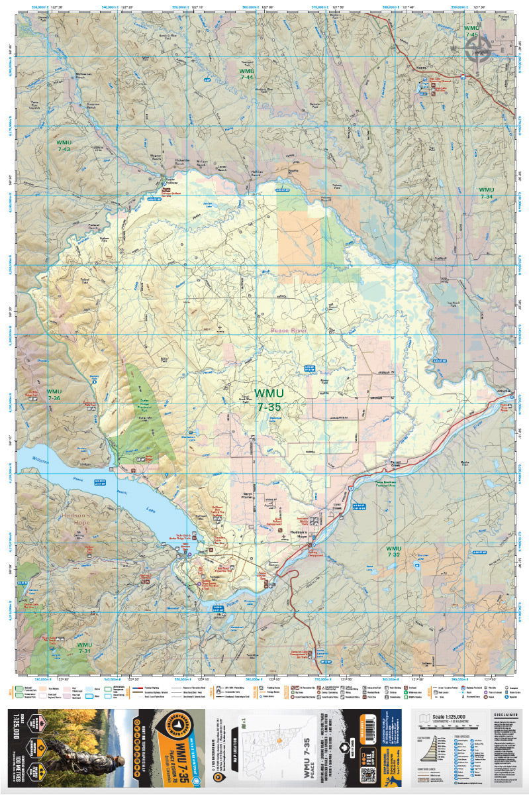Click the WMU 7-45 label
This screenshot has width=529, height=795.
[471, 32]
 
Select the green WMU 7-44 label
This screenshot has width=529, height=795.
[247, 74]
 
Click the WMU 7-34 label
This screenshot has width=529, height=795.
[486, 193]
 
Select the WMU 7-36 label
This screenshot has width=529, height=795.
[54, 395]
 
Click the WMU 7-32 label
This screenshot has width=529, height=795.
[393, 551]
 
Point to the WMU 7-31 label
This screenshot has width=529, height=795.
[84, 647]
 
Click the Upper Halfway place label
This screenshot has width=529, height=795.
[170, 182]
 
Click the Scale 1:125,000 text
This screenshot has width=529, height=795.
[450, 717]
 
